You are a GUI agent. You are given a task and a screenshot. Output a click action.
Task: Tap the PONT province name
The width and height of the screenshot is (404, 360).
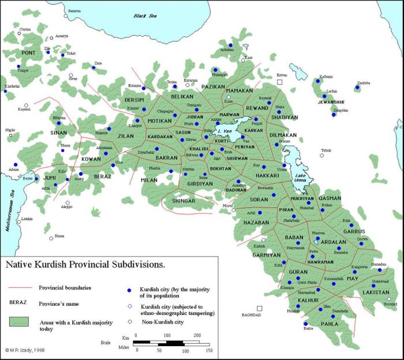point(28,53)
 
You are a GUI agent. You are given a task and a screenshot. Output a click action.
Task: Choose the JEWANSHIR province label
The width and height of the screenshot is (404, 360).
point(331,102)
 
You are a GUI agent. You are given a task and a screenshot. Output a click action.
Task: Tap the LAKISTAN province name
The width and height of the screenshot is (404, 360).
point(376,293)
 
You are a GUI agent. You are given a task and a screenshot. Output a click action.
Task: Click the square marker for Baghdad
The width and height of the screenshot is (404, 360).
point(260,308)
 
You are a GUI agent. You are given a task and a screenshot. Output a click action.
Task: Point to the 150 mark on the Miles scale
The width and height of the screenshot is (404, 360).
point(208,351)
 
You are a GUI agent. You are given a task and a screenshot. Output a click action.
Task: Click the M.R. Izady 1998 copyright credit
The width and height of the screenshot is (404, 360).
point(24,350)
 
